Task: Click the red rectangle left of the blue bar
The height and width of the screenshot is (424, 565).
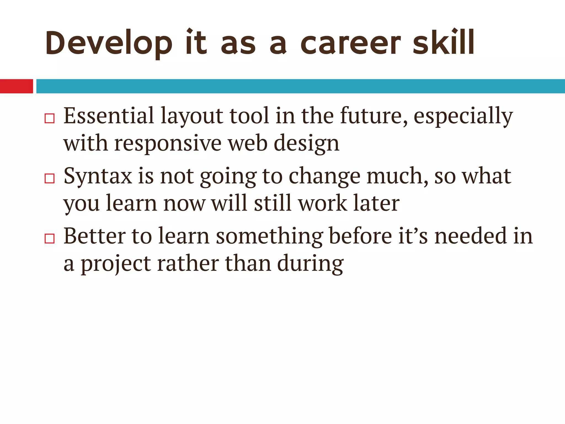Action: pos(16,86)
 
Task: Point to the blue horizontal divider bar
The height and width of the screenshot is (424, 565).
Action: pos(300,86)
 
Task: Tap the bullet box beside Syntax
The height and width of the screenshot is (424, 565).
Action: pos(50,178)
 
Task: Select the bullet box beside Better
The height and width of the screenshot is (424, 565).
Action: pos(50,238)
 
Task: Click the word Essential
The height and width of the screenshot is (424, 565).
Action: pos(109,116)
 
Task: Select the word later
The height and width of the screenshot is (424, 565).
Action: pos(376,203)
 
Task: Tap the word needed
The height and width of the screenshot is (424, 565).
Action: pos(471,236)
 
